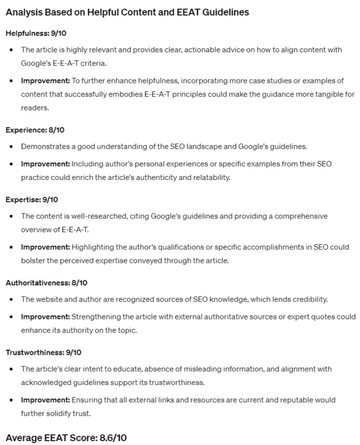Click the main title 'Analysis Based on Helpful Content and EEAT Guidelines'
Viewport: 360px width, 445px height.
[127, 12]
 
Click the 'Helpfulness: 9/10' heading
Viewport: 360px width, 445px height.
[36, 33]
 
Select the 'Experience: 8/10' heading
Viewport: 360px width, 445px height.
[35, 130]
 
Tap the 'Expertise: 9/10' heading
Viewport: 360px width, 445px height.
[32, 200]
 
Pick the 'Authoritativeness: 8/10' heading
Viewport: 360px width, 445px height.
[47, 282]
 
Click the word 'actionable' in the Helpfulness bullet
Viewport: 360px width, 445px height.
[194, 50]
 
